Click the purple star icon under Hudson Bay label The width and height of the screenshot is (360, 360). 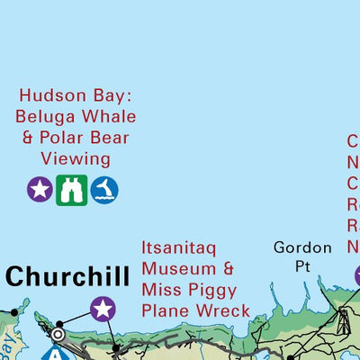click(x=40, y=189)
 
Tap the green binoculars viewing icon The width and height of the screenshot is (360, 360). click(x=72, y=189)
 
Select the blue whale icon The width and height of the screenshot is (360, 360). click(x=104, y=189)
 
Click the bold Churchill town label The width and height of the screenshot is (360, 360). click(x=67, y=276)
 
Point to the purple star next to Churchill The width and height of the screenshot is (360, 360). click(x=103, y=310)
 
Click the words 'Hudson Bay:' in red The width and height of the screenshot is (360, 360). click(x=77, y=95)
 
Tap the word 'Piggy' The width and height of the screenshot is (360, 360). click(x=213, y=290)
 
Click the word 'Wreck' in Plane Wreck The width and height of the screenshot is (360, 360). click(x=225, y=311)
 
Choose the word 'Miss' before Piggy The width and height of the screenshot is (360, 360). click(x=163, y=290)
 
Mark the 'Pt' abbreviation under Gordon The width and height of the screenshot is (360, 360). click(x=302, y=266)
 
